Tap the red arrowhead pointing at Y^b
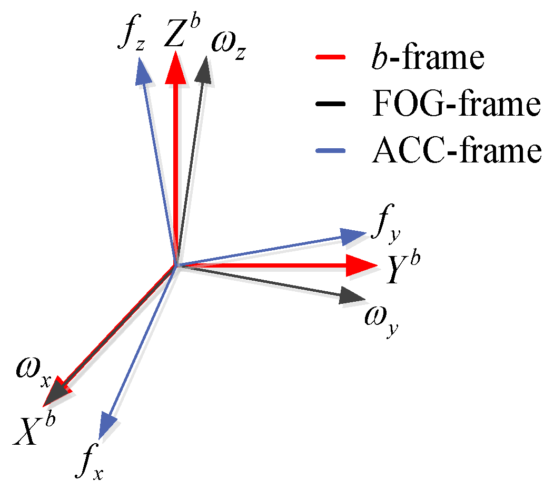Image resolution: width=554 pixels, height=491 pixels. tap(361, 265)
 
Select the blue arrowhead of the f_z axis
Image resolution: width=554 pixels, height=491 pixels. tap(143, 73)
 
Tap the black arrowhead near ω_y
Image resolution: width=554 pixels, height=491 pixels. tap(350, 296)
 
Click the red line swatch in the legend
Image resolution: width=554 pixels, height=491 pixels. tap(330, 56)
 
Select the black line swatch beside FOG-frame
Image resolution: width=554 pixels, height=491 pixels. tap(330, 104)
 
